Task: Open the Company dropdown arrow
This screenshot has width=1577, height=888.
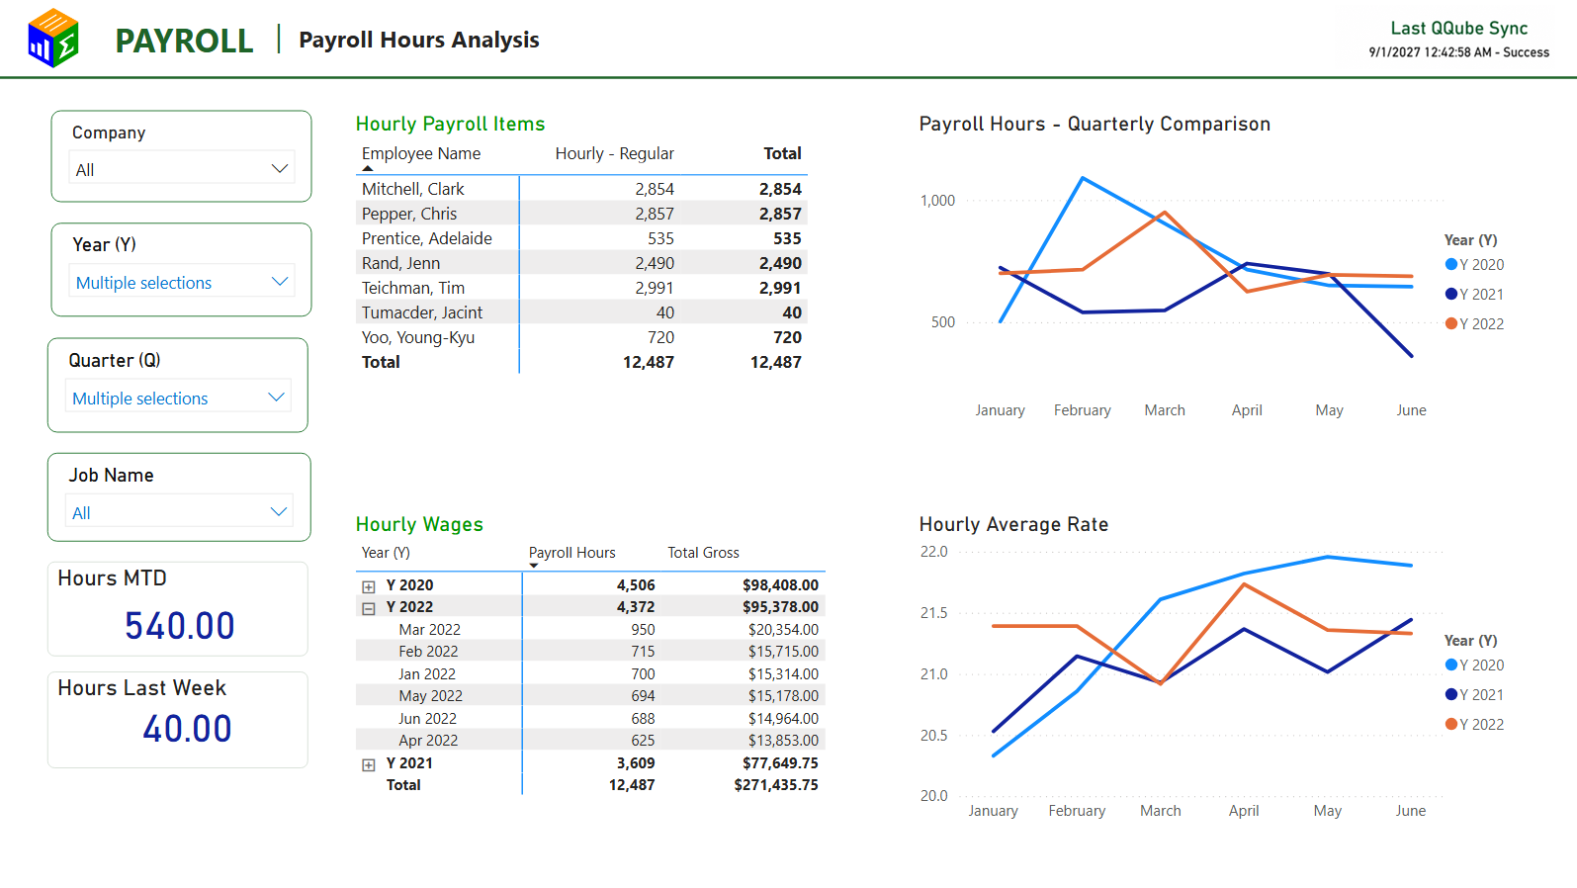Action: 280,169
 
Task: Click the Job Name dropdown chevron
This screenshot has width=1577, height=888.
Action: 279,512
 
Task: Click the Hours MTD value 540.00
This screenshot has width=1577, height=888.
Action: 180,625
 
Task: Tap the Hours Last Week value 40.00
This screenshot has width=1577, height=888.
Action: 187,728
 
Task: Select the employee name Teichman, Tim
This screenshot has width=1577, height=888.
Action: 413,288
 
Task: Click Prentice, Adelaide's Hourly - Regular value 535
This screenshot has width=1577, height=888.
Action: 660,238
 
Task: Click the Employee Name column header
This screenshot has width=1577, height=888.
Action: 421,153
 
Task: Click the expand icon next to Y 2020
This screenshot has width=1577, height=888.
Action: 368,585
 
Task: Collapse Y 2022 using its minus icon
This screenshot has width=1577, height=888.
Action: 368,608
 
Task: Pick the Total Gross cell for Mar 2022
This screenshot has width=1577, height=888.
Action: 783,629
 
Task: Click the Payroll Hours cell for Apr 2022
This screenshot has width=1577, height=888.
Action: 643,740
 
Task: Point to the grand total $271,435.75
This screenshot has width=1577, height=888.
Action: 776,784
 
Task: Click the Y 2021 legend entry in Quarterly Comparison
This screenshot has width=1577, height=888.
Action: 1474,295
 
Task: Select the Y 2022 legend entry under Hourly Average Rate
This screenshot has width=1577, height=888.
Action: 1474,724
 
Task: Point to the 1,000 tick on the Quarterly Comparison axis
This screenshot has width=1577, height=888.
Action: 937,201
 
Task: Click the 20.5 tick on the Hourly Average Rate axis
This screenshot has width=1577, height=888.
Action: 934,735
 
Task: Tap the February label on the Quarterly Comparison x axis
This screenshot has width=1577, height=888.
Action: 1082,409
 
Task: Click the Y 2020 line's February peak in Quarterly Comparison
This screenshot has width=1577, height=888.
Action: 1082,178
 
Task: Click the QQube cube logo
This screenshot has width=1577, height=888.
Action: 53,38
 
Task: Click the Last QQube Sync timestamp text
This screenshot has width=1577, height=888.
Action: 1458,52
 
